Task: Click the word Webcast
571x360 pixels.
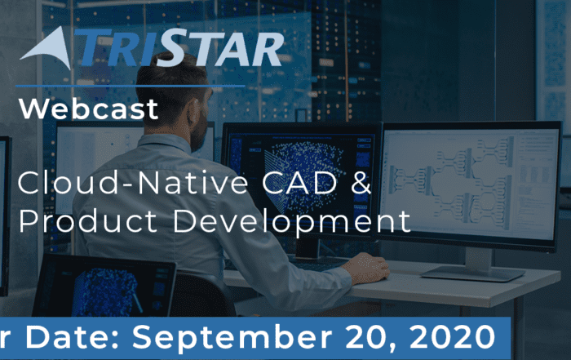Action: pyautogui.click(x=88, y=109)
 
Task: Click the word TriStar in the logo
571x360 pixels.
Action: pyautogui.click(x=179, y=47)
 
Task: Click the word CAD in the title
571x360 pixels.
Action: pyautogui.click(x=299, y=183)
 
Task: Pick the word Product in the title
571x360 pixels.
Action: pyautogui.click(x=88, y=220)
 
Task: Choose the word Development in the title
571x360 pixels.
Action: pyautogui.click(x=291, y=222)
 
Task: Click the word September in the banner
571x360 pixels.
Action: pyautogui.click(x=232, y=338)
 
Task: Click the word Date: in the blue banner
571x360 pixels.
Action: pyautogui.click(x=73, y=337)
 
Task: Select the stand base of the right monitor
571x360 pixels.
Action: pyautogui.click(x=473, y=273)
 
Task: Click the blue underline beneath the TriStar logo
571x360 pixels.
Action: pyautogui.click(x=131, y=87)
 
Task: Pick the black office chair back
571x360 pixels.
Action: pyautogui.click(x=202, y=295)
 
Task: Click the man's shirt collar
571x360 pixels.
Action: pyautogui.click(x=167, y=142)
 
